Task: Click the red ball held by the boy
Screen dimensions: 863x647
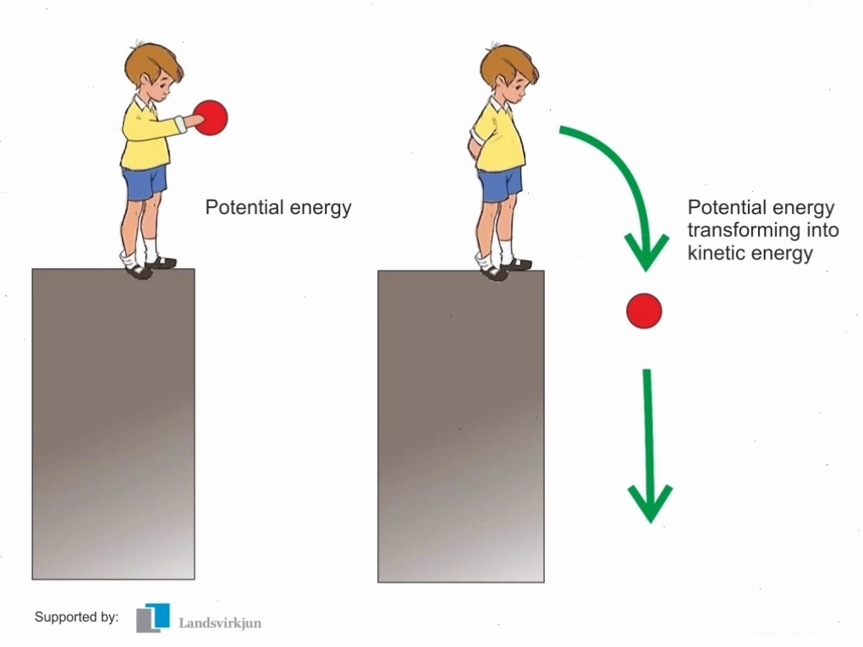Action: (x=211, y=118)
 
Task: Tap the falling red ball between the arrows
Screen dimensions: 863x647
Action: (x=644, y=311)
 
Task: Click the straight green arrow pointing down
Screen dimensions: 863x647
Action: (x=649, y=446)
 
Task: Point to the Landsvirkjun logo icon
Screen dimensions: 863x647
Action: (x=153, y=617)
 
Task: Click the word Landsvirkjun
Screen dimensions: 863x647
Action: (x=220, y=623)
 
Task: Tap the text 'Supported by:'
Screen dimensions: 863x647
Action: (x=76, y=617)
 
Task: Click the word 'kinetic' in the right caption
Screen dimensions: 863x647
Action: (x=717, y=253)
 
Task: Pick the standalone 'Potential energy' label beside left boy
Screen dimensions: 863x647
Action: (x=278, y=208)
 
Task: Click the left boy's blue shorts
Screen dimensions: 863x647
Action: (x=144, y=182)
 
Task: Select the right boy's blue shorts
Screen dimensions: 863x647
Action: (x=500, y=184)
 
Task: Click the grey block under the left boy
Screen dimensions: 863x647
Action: (x=113, y=424)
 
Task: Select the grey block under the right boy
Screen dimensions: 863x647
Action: (x=460, y=426)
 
